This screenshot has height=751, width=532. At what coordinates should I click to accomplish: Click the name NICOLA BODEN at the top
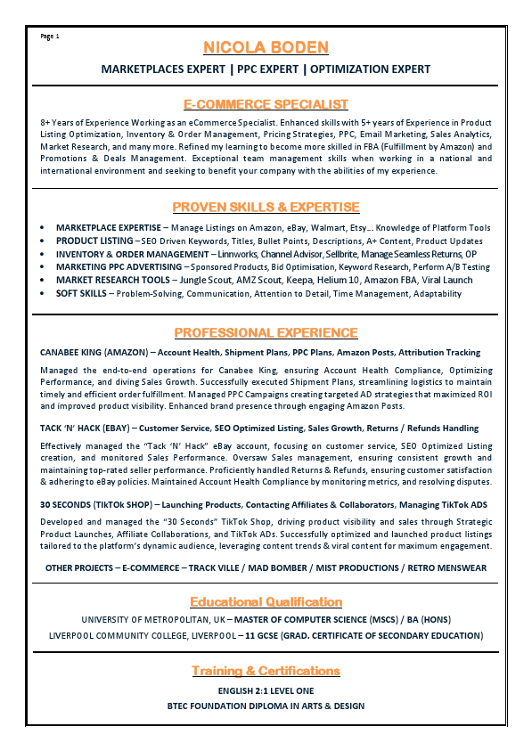[266, 47]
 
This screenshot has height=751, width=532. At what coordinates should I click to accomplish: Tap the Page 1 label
[50, 37]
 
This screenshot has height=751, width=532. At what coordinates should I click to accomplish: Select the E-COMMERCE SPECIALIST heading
[266, 104]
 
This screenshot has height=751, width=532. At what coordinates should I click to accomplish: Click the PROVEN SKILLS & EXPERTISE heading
[266, 208]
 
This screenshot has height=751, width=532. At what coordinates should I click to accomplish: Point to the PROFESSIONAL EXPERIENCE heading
[266, 333]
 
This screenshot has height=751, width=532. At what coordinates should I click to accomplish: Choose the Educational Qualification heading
[266, 601]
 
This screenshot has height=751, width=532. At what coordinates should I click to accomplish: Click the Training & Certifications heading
[266, 670]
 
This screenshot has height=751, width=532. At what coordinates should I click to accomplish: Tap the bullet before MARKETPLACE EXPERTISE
[44, 228]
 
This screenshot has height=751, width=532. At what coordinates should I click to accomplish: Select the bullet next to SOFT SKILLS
[44, 293]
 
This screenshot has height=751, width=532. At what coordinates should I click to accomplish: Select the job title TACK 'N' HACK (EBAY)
[89, 429]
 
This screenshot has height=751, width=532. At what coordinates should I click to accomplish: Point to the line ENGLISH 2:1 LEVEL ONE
[266, 691]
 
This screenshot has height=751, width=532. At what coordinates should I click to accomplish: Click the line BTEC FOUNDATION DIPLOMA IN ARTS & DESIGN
[266, 706]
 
